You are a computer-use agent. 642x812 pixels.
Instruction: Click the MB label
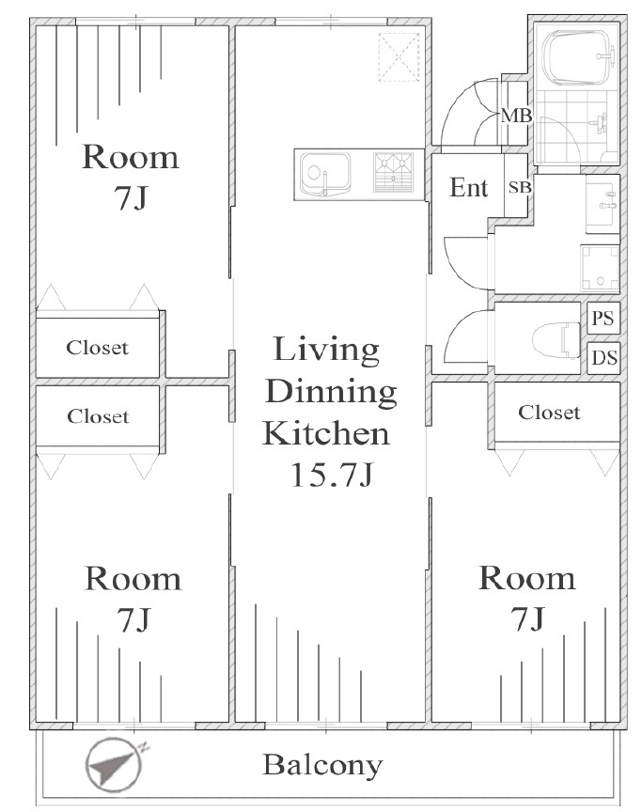pos(516,116)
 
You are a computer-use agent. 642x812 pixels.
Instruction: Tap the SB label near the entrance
pos(519,187)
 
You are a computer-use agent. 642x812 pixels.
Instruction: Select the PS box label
pos(603,318)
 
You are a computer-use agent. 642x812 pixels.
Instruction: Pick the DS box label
pos(604,357)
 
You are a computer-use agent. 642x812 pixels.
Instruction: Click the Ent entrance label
pos(468,187)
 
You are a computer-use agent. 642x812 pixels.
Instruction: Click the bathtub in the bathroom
pos(579,57)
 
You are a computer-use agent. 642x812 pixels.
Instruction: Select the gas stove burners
pos(394,172)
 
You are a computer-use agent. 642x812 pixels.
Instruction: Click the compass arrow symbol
pos(115,765)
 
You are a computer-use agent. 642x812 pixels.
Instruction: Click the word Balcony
pos(322,766)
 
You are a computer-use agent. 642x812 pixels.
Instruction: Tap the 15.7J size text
pos(332,475)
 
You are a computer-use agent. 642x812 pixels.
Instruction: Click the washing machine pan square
pos(600,268)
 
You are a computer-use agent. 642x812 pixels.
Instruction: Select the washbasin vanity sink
pos(603,204)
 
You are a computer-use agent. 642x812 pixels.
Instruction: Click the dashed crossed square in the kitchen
pos(399,57)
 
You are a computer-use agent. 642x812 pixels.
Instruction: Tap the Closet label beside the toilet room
pos(549,413)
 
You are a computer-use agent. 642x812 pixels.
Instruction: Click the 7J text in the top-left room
pos(131,197)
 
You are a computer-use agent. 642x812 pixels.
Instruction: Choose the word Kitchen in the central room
pos(326,433)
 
